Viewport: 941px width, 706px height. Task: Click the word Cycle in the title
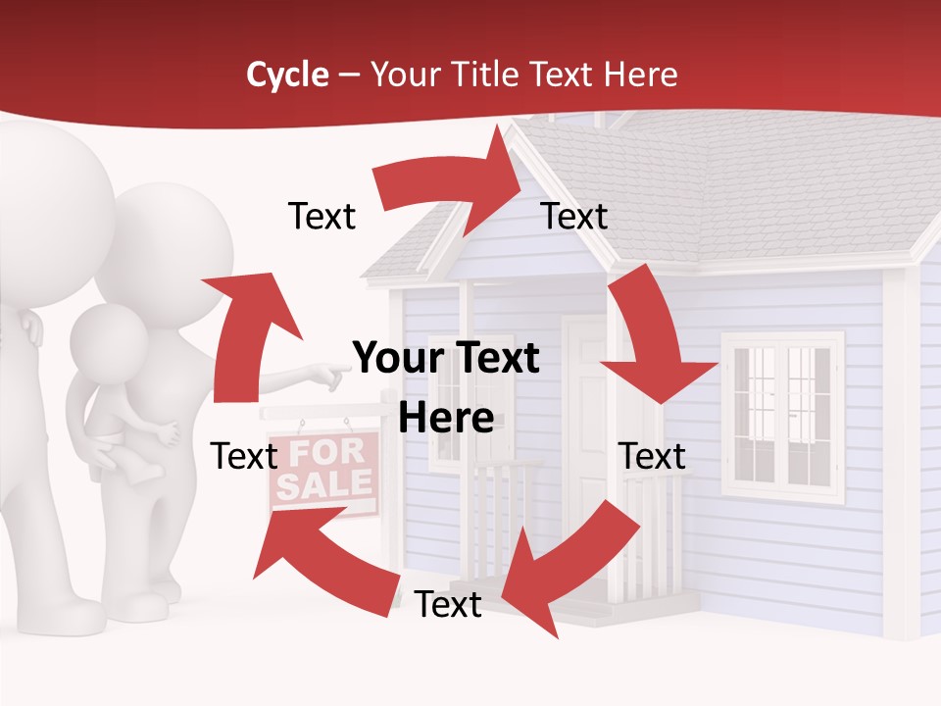click(287, 75)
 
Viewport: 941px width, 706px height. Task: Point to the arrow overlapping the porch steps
click(564, 564)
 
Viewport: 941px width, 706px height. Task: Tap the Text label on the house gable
click(574, 216)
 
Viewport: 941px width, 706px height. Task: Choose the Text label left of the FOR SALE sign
click(245, 456)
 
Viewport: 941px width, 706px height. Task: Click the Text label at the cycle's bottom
click(448, 605)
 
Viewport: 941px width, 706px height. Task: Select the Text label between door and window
click(652, 456)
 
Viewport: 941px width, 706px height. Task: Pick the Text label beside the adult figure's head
click(322, 216)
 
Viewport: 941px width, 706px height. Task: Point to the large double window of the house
click(782, 417)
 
